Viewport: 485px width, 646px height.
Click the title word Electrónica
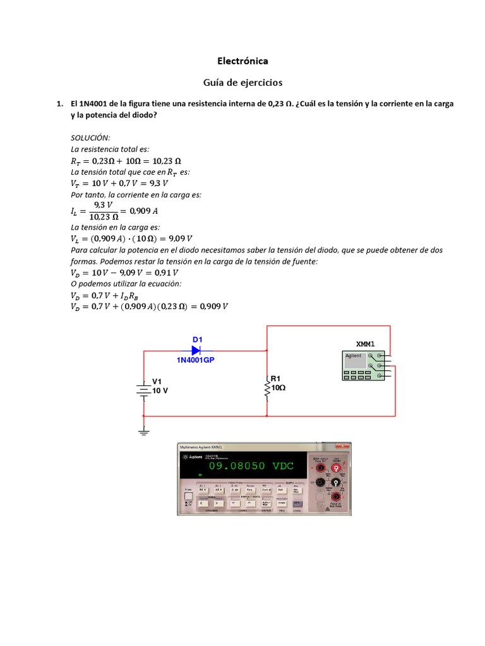242,61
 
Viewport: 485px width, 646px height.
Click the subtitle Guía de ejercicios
242,83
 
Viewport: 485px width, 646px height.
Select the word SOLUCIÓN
90,138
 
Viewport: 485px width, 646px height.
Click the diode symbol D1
196,349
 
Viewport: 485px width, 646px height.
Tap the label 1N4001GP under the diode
199,360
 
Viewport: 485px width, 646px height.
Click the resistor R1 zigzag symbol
267,387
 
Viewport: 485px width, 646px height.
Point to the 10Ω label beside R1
278,389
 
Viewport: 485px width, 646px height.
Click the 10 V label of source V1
160,391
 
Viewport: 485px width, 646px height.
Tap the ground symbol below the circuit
143,431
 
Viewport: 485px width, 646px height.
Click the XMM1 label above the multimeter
366,343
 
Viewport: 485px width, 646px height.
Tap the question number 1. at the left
60,103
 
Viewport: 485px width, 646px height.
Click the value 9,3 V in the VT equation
152,184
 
